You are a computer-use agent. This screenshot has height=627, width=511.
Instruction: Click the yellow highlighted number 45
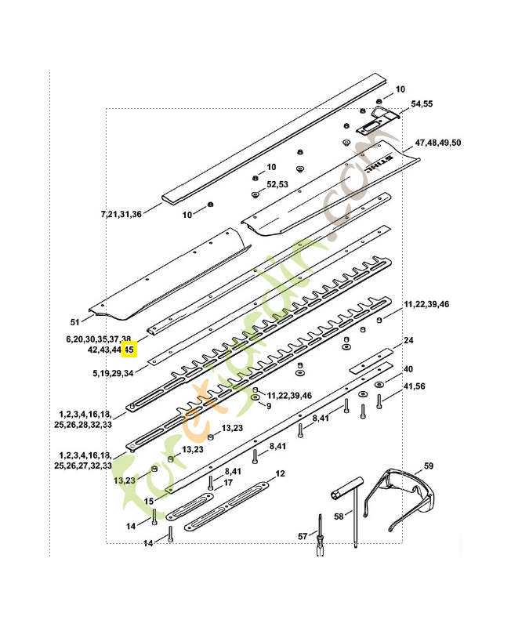130,350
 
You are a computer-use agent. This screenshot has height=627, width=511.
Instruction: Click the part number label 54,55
422,103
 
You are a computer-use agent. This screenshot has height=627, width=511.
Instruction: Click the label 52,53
277,184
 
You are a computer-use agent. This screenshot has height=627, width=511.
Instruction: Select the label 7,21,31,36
121,214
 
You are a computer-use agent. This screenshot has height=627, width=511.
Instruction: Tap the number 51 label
75,322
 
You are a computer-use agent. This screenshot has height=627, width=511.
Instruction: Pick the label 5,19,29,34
111,373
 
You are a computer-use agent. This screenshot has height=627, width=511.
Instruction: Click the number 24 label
408,341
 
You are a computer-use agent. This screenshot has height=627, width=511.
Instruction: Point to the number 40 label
408,368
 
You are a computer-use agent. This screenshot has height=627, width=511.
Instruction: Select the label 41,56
414,386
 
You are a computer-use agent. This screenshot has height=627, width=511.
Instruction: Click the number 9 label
268,406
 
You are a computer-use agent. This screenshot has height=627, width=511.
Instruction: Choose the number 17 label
229,483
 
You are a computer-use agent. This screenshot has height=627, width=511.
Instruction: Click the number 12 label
280,474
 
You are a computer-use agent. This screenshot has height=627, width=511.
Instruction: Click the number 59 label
428,466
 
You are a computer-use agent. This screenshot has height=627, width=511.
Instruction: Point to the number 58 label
339,516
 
